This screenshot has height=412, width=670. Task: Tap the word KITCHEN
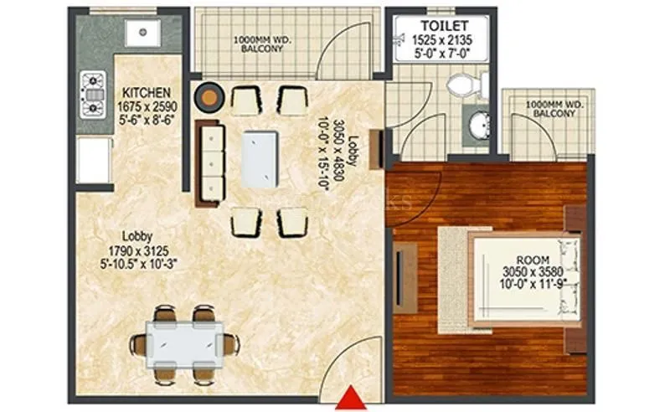(147, 92)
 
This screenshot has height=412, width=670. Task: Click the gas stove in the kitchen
(92, 95)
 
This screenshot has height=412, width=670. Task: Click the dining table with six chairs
(183, 343)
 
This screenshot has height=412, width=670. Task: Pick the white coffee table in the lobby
(260, 159)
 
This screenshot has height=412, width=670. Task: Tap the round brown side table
(208, 97)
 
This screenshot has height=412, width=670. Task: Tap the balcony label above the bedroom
(549, 108)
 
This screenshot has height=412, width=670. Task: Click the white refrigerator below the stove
(94, 160)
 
